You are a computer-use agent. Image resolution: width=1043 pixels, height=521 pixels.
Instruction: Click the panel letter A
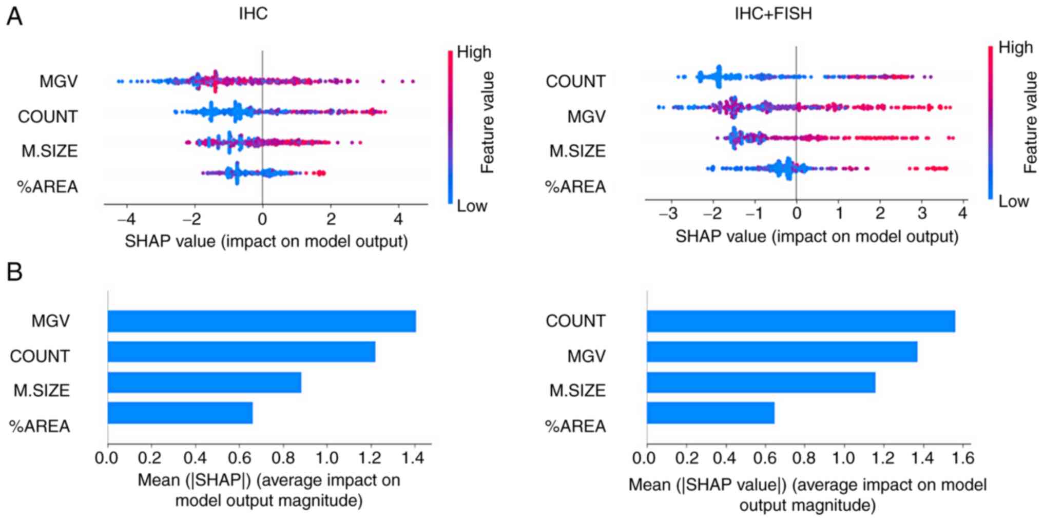pos(14,16)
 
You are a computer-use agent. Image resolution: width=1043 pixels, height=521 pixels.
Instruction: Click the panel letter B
pos(14,272)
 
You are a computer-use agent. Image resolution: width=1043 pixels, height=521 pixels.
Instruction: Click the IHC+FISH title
pos(773,13)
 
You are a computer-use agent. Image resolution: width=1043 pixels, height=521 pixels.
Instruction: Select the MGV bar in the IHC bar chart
pos(261,321)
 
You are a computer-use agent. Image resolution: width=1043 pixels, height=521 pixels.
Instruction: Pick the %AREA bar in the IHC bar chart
pos(180,413)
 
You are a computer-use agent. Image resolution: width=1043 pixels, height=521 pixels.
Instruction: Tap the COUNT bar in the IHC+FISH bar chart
pos(801,321)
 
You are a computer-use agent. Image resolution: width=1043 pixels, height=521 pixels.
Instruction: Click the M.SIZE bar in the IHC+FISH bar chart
pos(761,382)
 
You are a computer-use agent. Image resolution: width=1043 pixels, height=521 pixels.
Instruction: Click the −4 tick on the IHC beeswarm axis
pos(126,219)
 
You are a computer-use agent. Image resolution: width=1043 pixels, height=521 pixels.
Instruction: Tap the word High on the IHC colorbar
pos(474,52)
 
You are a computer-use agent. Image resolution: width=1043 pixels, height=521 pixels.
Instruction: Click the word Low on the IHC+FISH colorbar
pos(1013,201)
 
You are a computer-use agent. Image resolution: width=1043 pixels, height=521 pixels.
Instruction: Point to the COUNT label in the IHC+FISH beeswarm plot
pos(575,81)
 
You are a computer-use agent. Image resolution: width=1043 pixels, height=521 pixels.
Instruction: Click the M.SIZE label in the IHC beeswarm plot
pos(49,151)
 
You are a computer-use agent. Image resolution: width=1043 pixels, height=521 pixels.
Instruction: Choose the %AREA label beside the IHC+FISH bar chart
pos(575,426)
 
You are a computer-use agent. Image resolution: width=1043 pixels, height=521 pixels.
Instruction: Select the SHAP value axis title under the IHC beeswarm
pos(266,241)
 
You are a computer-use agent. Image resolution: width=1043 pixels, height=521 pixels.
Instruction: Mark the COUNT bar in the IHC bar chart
pos(241,352)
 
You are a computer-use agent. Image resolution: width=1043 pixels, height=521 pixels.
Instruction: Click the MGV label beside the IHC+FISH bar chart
pos(586,356)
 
